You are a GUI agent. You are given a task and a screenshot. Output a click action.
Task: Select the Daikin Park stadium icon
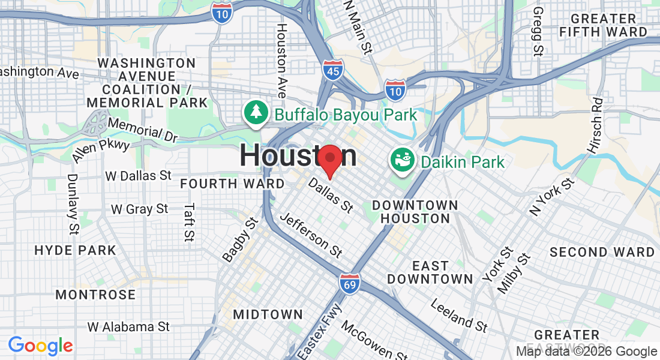402,160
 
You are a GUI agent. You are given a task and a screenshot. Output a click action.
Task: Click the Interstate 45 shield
332,70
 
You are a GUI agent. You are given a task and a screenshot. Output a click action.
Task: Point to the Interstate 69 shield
349,283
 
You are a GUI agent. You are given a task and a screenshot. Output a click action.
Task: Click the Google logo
40,345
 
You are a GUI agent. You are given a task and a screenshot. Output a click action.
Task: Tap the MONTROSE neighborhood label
95,295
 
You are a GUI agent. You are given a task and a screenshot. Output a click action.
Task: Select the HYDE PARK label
75,250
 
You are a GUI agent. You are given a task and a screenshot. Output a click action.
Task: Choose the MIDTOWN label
268,314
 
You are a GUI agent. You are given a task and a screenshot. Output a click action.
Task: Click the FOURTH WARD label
232,184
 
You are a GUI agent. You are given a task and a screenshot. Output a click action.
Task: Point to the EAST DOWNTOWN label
430,272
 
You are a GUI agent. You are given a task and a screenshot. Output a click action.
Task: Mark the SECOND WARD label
602,252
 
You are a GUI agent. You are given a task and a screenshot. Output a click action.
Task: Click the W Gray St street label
140,209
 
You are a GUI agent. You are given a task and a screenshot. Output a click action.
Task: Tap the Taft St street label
190,221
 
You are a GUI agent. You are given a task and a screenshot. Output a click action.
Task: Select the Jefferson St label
311,235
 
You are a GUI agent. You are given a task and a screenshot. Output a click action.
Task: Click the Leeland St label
459,315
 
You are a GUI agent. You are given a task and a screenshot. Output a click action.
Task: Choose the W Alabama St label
128,327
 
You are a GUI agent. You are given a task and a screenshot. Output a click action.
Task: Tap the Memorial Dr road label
143,130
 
